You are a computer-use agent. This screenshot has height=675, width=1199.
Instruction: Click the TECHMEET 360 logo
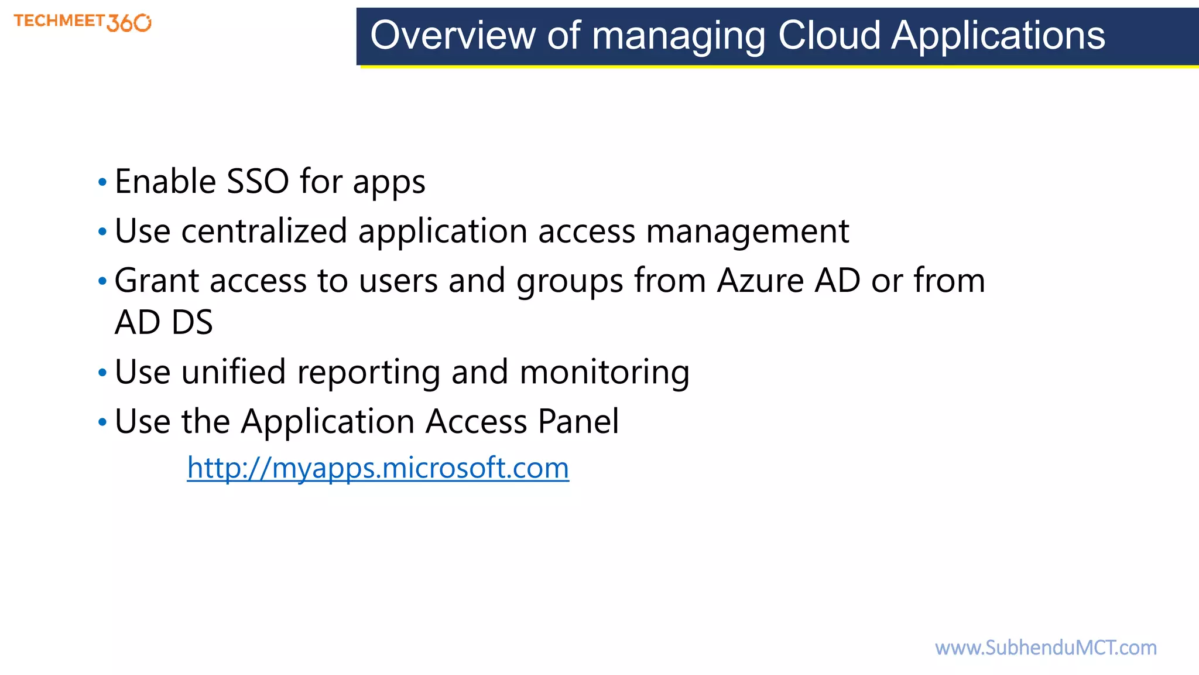83,22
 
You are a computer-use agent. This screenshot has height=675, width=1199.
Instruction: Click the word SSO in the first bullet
258,181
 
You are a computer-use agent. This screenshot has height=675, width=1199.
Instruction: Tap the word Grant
156,280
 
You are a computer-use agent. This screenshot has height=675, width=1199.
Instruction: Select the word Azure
760,280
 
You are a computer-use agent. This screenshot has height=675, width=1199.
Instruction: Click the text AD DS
164,322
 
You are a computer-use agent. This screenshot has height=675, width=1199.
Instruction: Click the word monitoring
605,373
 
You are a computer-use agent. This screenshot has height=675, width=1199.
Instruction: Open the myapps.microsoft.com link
378,468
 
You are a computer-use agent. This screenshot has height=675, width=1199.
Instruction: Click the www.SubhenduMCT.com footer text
1046,647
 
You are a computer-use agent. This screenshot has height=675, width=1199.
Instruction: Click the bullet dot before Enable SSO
102,183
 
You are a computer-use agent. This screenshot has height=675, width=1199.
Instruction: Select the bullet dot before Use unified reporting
102,373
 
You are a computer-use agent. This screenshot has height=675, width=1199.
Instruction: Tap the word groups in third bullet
570,281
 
